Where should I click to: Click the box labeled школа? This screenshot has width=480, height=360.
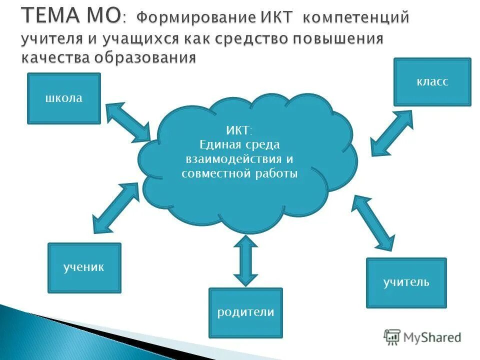(x=63, y=98)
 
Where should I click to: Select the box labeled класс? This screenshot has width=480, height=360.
(x=432, y=82)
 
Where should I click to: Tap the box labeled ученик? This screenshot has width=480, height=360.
(x=84, y=267)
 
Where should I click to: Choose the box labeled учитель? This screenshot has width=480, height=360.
(x=406, y=282)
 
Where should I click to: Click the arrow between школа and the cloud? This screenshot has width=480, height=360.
(x=128, y=121)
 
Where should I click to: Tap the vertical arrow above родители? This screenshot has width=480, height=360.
(x=245, y=260)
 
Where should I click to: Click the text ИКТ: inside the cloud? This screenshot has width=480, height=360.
(x=239, y=131)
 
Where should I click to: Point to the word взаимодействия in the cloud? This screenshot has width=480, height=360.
(x=224, y=159)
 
